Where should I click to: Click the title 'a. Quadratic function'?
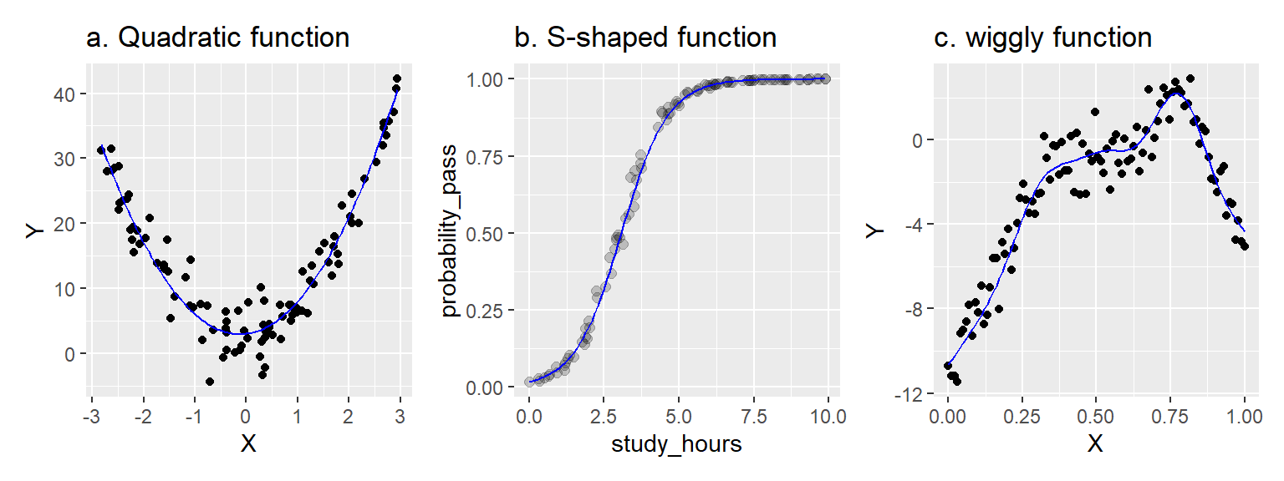217,38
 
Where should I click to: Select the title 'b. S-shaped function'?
645,38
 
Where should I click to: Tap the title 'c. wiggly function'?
1042,38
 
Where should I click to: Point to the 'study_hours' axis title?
678,443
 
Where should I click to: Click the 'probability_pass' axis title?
451,233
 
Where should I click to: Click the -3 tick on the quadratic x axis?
91,416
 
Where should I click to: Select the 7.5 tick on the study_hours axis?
753,416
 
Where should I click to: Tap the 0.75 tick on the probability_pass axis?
488,155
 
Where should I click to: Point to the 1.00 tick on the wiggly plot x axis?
1244,416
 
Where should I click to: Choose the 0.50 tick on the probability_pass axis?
488,233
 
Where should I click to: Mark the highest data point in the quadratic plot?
396,78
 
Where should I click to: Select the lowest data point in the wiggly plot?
956,382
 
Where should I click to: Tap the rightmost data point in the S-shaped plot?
826,78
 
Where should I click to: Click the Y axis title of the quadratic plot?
33,233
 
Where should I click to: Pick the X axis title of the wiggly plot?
1095,443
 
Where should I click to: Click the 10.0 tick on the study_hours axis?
828,416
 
